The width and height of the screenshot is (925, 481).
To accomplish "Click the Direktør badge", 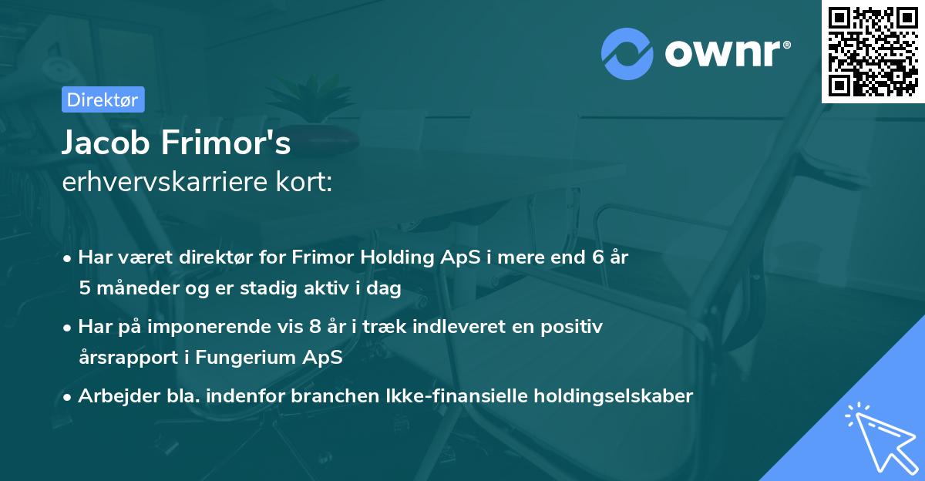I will [103, 99].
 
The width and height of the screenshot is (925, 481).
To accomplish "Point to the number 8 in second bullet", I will [314, 327].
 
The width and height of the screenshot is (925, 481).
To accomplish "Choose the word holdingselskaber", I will [617, 396].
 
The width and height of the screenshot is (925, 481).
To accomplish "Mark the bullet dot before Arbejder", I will [69, 397].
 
